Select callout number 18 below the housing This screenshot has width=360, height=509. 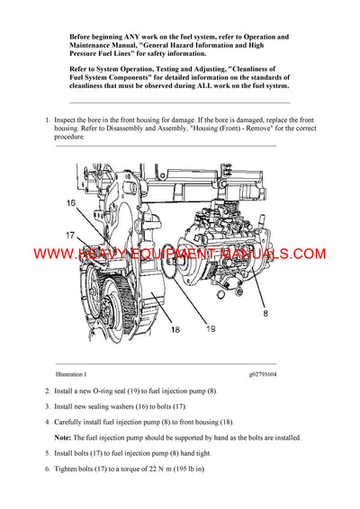pyautogui.click(x=175, y=329)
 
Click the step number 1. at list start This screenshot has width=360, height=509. pyautogui.click(x=47, y=120)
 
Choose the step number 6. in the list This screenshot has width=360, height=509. pyautogui.click(x=47, y=469)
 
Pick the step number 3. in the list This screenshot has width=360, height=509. pyautogui.click(x=47, y=406)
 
